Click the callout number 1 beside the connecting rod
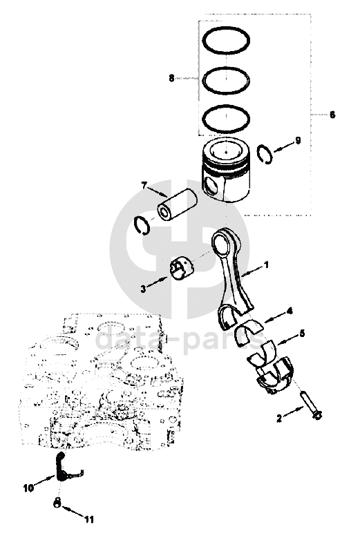(x=265, y=265)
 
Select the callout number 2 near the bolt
(x=279, y=419)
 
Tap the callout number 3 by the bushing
(x=143, y=289)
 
